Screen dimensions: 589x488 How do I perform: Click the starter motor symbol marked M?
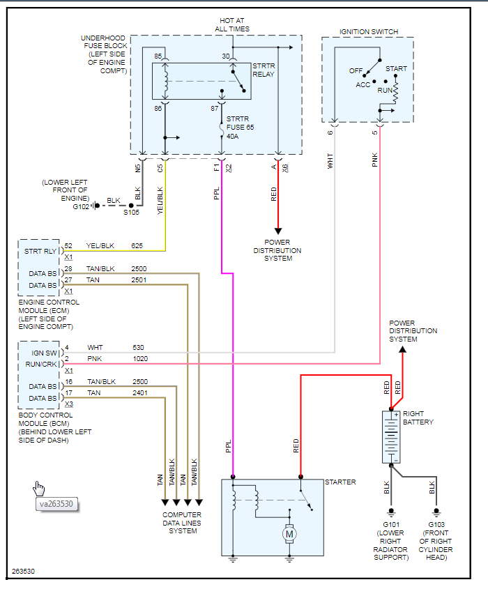click(x=289, y=534)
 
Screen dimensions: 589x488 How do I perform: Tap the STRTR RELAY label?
click(x=264, y=71)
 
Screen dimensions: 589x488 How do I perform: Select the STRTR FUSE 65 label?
click(x=241, y=128)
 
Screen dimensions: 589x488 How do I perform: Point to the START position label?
click(x=396, y=69)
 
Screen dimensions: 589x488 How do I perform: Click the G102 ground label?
click(x=81, y=206)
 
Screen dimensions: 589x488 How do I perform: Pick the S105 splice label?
click(x=132, y=213)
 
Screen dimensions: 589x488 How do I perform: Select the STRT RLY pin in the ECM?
click(x=40, y=251)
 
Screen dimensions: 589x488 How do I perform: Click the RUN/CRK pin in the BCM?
click(x=40, y=364)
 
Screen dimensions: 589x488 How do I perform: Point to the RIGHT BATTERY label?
click(x=418, y=418)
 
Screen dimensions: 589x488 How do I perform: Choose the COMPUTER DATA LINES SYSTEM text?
click(x=183, y=523)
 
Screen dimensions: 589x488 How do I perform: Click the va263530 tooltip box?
click(x=56, y=504)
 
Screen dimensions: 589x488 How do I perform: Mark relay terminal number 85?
click(x=158, y=56)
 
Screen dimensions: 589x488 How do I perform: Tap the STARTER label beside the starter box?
click(x=340, y=482)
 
